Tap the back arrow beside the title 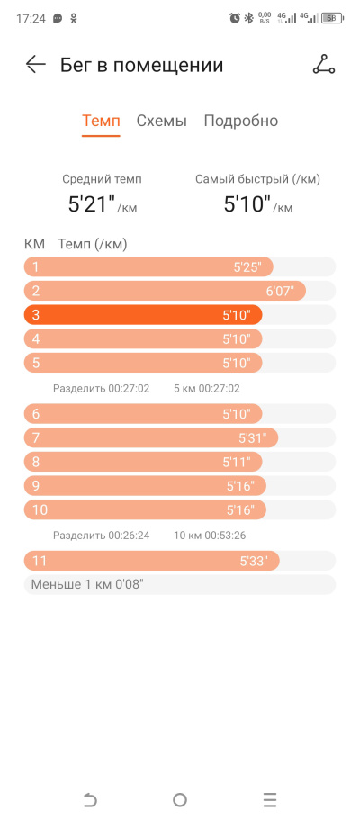click(36, 65)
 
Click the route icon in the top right click(324, 64)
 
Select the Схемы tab click(162, 122)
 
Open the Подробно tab click(240, 122)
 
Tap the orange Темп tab click(101, 122)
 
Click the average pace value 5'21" click(92, 204)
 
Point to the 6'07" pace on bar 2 click(280, 291)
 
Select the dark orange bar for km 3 click(143, 315)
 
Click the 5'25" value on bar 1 click(247, 267)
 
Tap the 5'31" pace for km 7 click(252, 437)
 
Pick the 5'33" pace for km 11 click(254, 562)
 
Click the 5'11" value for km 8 click(237, 462)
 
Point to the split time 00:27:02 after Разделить click(129, 389)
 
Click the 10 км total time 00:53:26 click(225, 536)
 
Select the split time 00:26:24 click(129, 536)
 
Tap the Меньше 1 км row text click(87, 584)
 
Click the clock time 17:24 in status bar click(31, 18)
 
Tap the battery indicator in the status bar click(332, 18)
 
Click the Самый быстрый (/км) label click(258, 179)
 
